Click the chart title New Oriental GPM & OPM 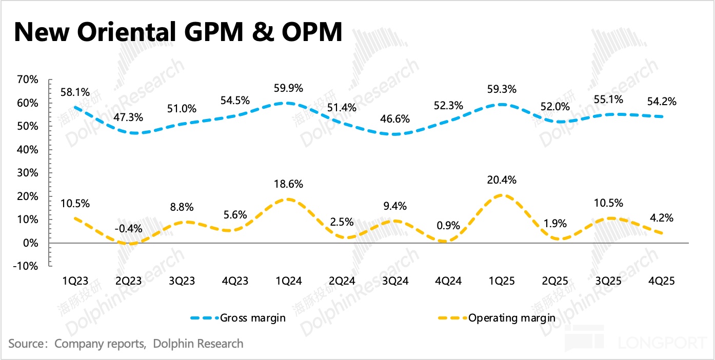click(x=177, y=32)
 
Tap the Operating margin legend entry click(x=511, y=318)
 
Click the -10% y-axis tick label click(x=26, y=266)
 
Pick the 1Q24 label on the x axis click(x=289, y=281)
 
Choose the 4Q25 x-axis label click(x=661, y=281)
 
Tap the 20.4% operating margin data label click(x=502, y=180)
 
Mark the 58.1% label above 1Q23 click(x=75, y=92)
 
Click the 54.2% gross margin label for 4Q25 click(x=661, y=102)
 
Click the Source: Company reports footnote click(x=126, y=343)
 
